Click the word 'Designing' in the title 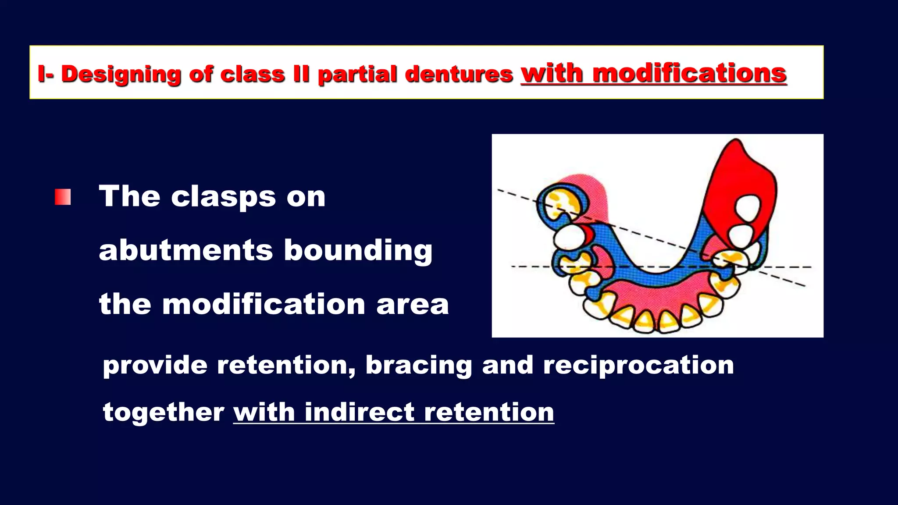[x=121, y=74]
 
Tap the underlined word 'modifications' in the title [x=689, y=73]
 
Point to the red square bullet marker [x=63, y=197]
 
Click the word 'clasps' [x=223, y=196]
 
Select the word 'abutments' [x=186, y=250]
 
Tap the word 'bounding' [x=358, y=250]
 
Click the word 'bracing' [x=418, y=365]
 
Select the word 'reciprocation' [x=638, y=365]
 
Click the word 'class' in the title [x=253, y=74]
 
